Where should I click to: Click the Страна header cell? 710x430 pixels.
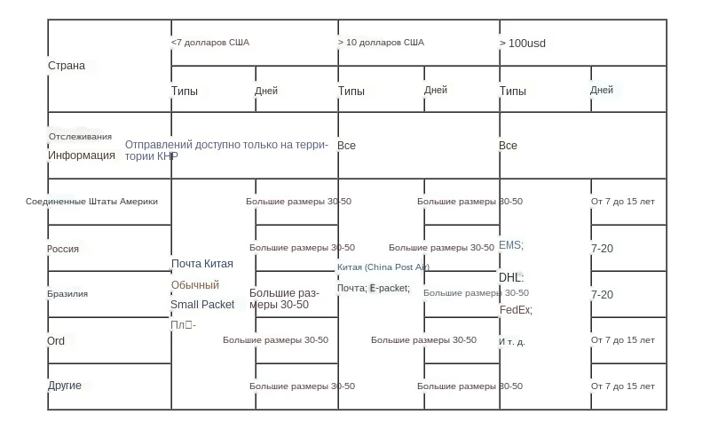pos(67,66)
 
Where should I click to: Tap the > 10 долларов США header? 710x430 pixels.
pos(381,42)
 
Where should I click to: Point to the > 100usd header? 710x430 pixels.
pos(523,43)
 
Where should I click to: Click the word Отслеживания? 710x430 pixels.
pos(80,137)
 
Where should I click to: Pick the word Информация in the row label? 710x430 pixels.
pos(82,155)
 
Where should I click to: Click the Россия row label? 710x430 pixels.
pos(63,249)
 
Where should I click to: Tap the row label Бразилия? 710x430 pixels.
pos(67,294)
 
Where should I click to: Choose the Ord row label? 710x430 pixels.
pos(56,341)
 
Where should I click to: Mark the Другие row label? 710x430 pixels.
pos(65,386)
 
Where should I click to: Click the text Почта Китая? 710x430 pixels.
pos(202,264)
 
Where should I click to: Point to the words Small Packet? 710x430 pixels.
pos(202,305)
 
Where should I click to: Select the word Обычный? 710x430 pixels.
pos(195,285)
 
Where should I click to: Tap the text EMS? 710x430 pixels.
pos(511,245)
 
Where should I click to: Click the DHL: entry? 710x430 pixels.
pos(511,278)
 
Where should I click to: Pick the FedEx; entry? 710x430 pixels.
pos(516,310)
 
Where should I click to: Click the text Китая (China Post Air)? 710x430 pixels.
pos(383,267)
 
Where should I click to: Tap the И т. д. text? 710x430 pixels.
pos(512,342)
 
